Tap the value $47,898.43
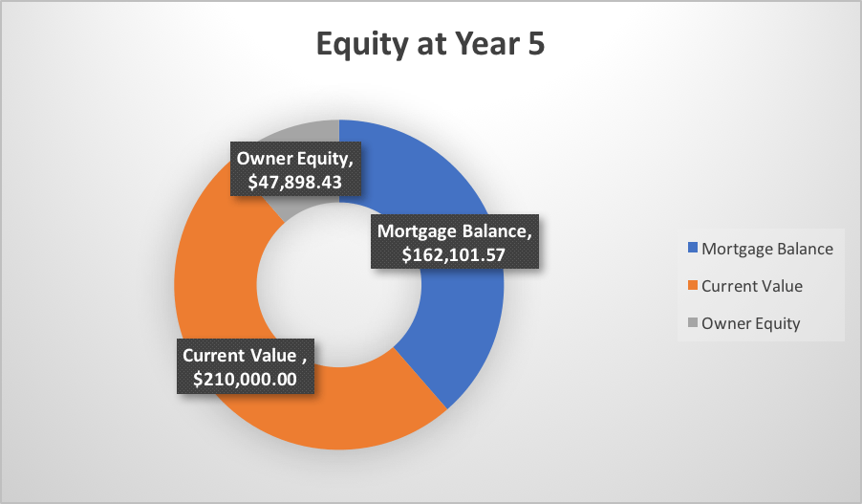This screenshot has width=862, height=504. click(x=291, y=182)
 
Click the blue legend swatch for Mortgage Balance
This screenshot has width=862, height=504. click(x=692, y=249)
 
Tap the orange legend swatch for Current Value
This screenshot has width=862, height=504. click(x=692, y=286)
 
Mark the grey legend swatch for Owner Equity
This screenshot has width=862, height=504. click(x=692, y=323)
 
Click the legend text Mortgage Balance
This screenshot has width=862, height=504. click(x=767, y=249)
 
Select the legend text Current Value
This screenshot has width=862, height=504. click(x=752, y=286)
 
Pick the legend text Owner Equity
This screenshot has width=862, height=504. click(x=750, y=323)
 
